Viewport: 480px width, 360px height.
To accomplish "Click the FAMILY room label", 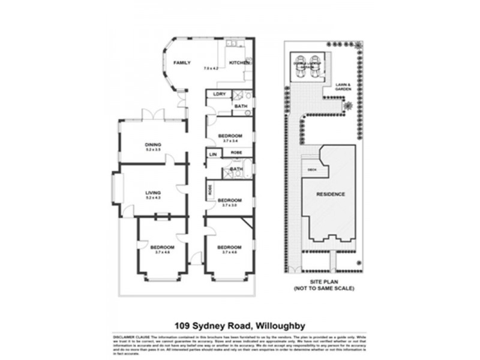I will click(x=182, y=63).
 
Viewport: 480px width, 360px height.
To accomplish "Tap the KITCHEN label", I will click(x=239, y=63).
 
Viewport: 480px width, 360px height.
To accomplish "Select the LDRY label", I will click(x=218, y=94).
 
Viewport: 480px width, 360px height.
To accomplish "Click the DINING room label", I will click(x=153, y=145).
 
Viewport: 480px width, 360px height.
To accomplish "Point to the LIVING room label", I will click(x=153, y=193).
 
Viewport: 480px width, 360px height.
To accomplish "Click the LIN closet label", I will click(x=212, y=154).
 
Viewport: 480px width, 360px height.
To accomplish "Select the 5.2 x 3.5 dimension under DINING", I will click(x=153, y=150).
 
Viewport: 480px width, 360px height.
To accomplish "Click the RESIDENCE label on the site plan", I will click(x=330, y=194).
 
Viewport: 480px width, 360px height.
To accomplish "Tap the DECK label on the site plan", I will click(x=311, y=170).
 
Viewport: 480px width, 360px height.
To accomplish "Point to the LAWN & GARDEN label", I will click(x=343, y=86).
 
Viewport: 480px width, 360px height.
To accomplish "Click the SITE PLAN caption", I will click(x=323, y=283).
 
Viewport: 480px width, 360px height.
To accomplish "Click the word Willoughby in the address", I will click(x=281, y=326).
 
